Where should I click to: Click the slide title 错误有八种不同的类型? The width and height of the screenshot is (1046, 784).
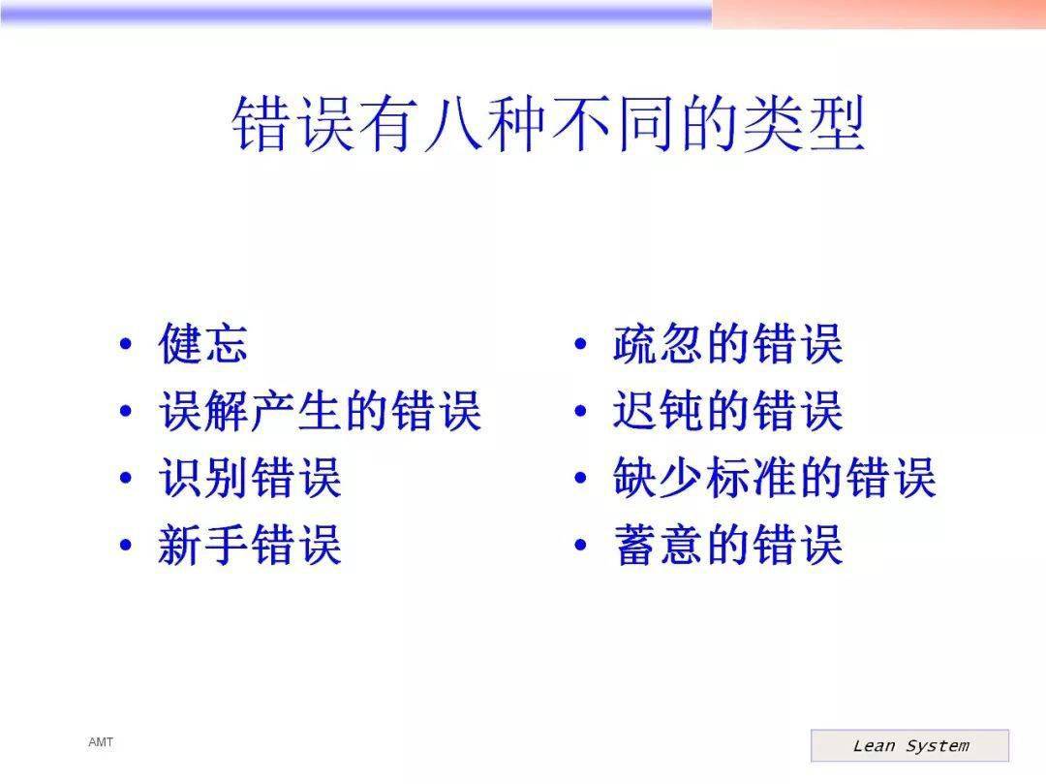point(548,123)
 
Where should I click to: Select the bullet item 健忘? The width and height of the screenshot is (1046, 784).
point(203,344)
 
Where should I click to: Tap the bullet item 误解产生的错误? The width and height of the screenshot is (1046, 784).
point(321,410)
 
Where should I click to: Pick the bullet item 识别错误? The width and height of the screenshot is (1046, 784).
point(250,477)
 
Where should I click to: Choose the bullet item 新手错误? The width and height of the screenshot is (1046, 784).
point(250,545)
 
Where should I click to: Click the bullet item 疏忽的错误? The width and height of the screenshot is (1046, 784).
point(727,344)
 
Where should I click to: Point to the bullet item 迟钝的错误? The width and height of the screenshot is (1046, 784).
point(727,410)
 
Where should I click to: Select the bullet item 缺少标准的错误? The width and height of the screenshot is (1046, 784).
point(775,477)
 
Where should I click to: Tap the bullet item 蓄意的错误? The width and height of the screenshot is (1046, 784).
point(727,545)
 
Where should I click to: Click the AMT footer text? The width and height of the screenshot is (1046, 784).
point(101,742)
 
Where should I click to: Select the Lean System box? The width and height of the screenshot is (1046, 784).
point(909,745)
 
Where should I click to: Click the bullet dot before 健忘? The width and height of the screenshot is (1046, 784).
point(125,344)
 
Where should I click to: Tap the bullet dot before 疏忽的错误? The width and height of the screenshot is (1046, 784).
point(580,344)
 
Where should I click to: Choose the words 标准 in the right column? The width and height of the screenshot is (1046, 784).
point(751,477)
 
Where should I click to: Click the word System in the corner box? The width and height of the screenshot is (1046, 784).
point(938,746)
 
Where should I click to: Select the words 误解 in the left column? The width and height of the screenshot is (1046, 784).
point(203,410)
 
